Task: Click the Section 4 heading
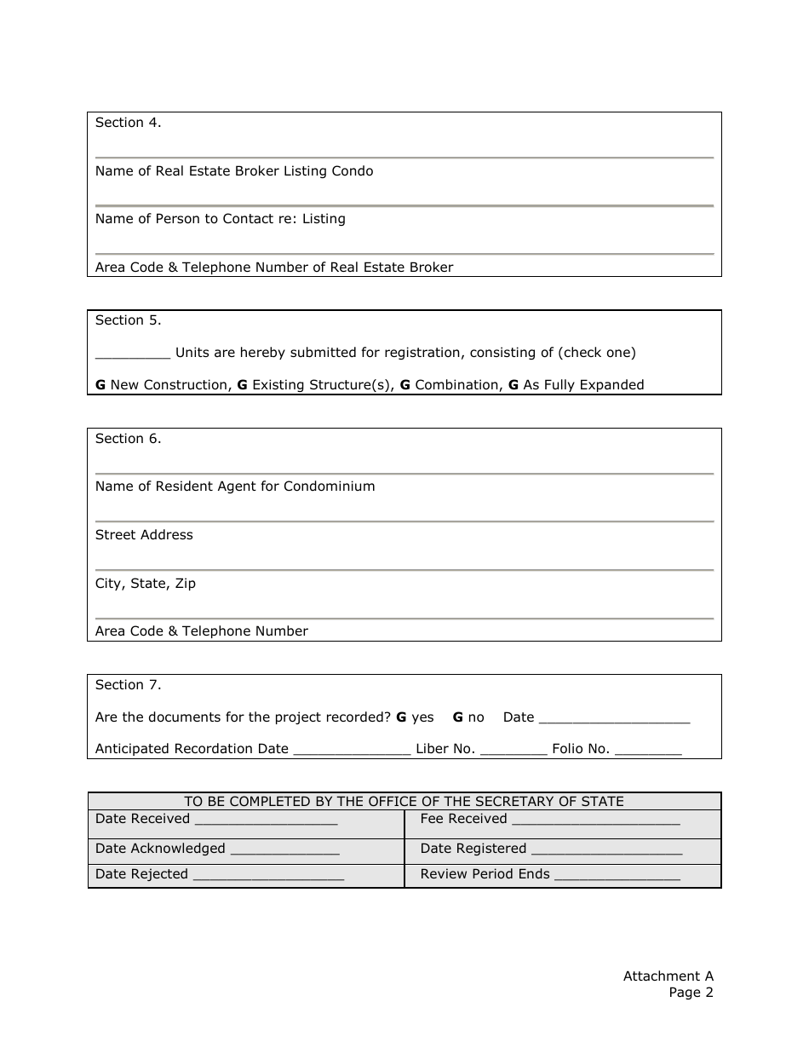click(128, 123)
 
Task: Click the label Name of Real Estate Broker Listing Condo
click(234, 171)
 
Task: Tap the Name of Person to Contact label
click(221, 219)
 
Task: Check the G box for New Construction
click(100, 385)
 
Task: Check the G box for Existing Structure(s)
click(242, 385)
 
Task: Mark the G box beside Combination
click(405, 385)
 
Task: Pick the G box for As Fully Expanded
click(514, 385)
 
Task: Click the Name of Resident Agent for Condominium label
click(235, 487)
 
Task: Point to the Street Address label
click(144, 535)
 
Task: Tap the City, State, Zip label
click(146, 584)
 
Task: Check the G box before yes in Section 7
click(401, 717)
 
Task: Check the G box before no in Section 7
click(457, 717)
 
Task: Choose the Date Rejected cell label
click(141, 874)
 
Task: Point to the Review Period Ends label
click(485, 874)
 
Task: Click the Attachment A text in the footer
click(668, 976)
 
